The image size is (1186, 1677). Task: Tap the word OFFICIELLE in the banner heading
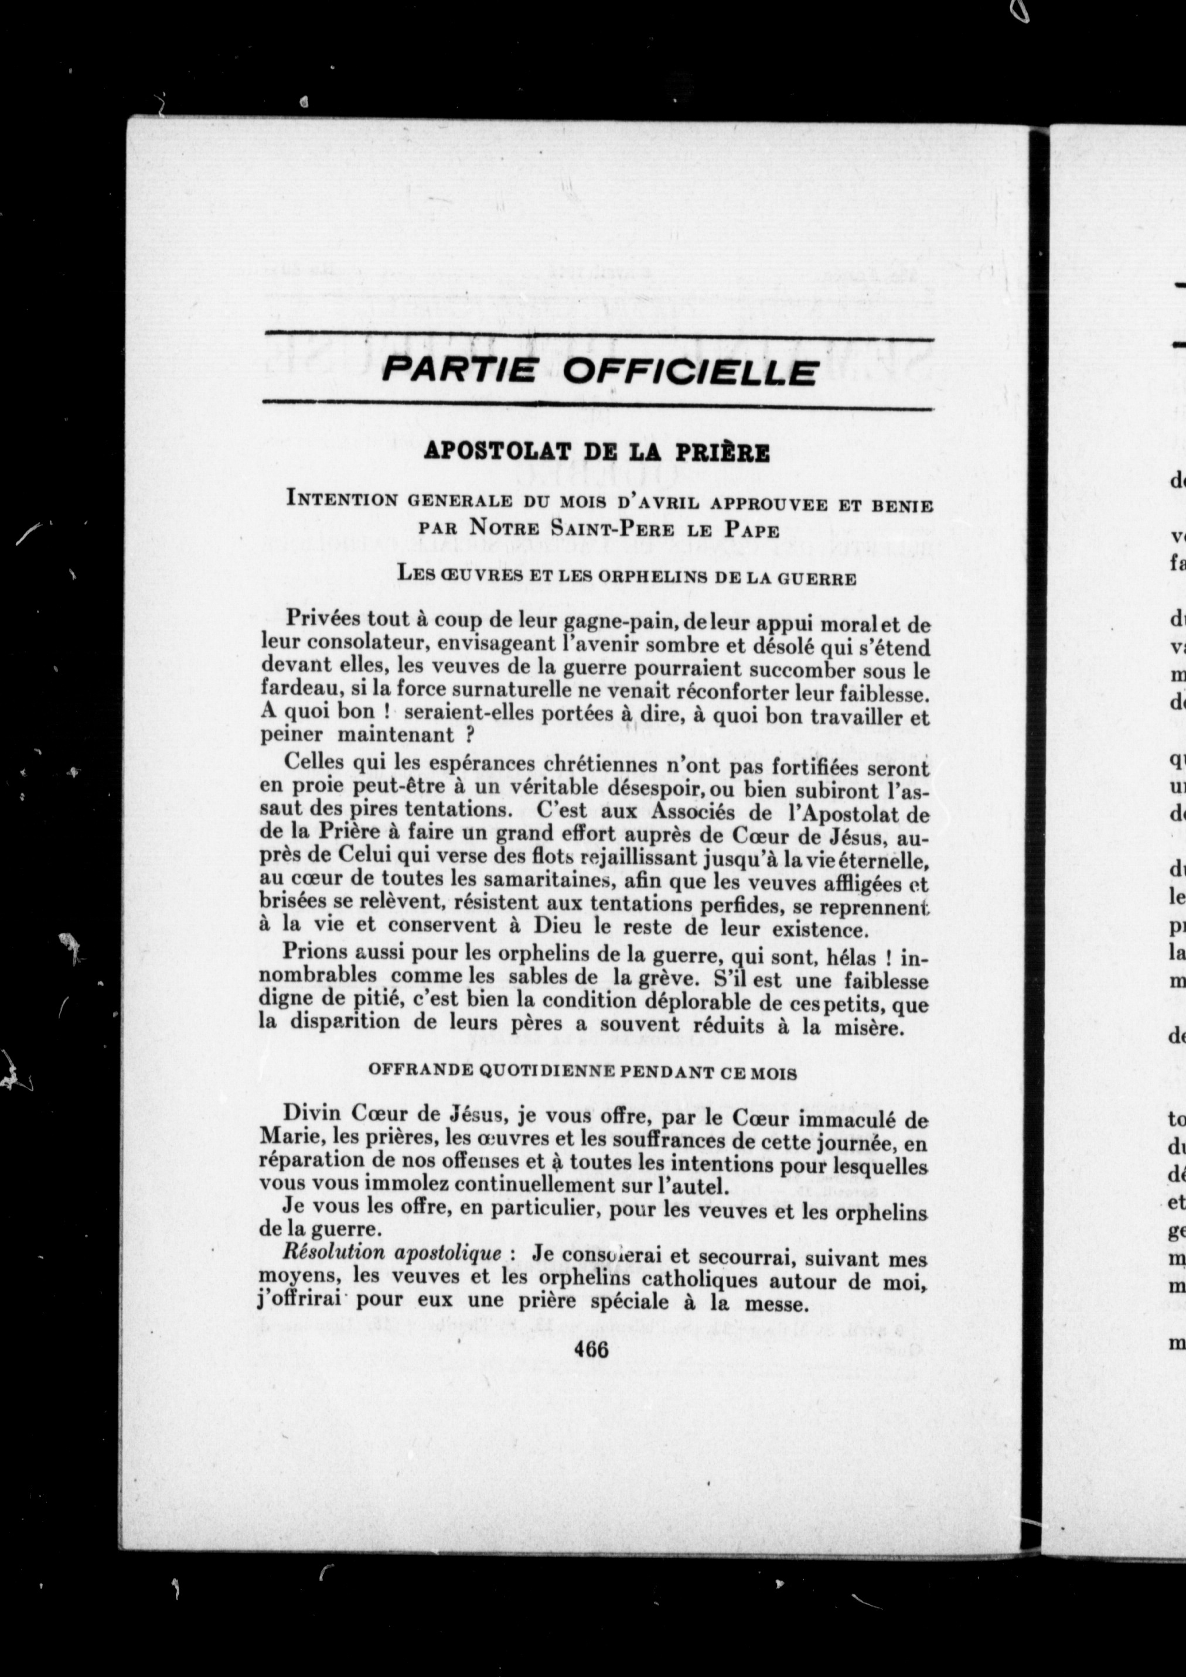[x=690, y=372]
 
